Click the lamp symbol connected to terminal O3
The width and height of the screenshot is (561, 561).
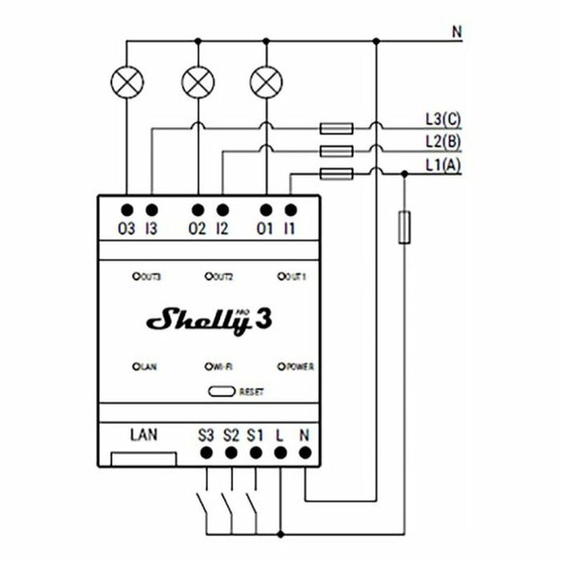coord(126,82)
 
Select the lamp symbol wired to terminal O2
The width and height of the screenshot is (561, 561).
coord(197,82)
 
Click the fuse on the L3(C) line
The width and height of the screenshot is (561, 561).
coord(337,127)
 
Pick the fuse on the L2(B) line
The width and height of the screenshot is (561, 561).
coord(337,151)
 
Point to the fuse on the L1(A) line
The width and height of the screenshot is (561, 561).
coord(337,174)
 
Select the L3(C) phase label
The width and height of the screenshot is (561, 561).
coord(442,120)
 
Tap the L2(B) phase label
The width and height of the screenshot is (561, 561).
coord(442,143)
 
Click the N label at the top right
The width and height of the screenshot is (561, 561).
coord(457,33)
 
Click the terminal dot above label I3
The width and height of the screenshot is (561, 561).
coord(151,210)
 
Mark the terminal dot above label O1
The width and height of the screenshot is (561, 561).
coord(265,210)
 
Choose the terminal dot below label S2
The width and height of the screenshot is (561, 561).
coord(231,453)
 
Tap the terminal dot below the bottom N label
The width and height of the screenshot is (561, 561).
coord(305,453)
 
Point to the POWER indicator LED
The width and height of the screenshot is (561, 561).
coord(281,366)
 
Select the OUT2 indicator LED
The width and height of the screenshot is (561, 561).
coord(208,276)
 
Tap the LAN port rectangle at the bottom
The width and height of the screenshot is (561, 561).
coord(143,458)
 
